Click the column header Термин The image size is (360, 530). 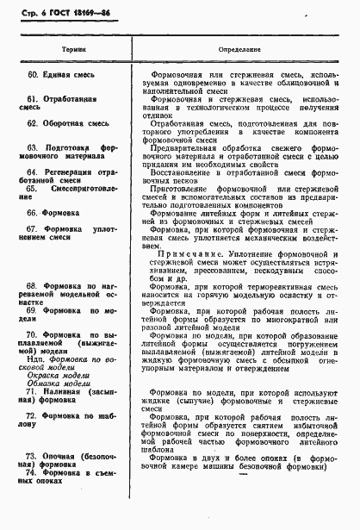pyautogui.click(x=66, y=49)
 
